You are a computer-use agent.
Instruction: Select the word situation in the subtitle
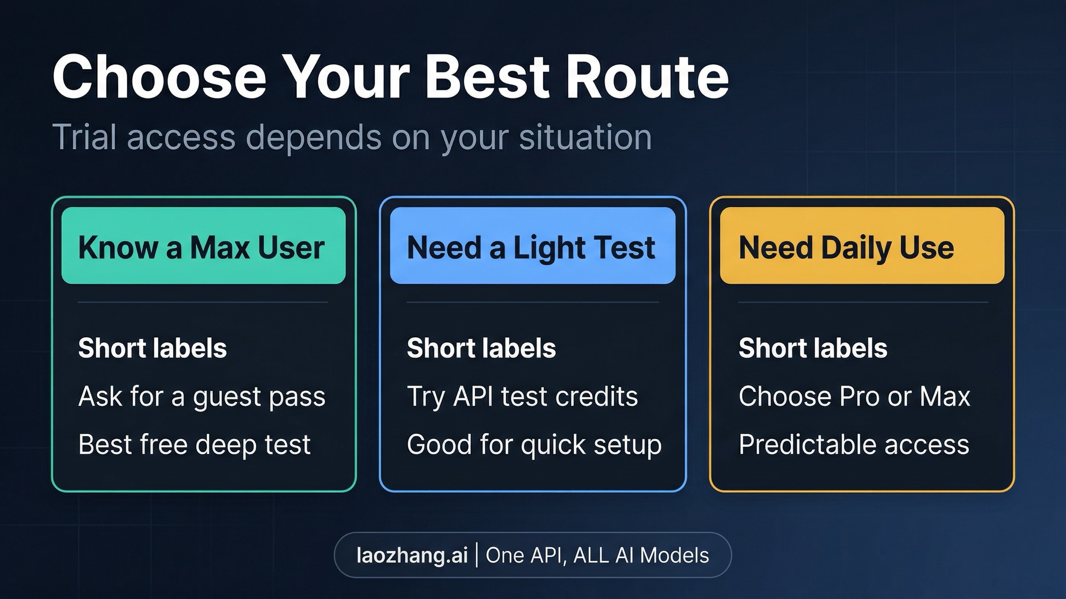pyautogui.click(x=585, y=138)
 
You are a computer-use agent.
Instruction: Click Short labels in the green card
pyautogui.click(x=152, y=348)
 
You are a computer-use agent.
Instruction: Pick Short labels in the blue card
pyautogui.click(x=481, y=348)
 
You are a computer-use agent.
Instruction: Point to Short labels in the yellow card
pyautogui.click(x=813, y=348)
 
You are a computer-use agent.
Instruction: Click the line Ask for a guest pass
pyautogui.click(x=202, y=397)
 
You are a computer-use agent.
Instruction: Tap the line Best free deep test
pyautogui.click(x=194, y=445)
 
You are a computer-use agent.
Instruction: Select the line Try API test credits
pyautogui.click(x=522, y=397)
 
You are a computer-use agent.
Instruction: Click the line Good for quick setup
pyautogui.click(x=534, y=445)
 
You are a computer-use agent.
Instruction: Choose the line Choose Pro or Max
pyautogui.click(x=854, y=397)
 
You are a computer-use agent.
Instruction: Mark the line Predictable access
pyautogui.click(x=854, y=445)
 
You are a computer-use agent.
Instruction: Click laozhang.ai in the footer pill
pyautogui.click(x=412, y=556)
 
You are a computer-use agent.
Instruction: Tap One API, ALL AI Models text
pyautogui.click(x=597, y=556)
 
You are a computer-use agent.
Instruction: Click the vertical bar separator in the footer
pyautogui.click(x=477, y=556)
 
